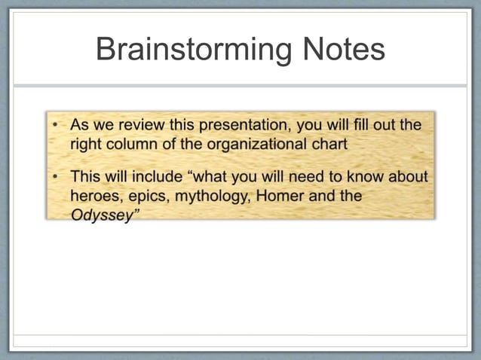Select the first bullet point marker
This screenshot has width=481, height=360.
56,124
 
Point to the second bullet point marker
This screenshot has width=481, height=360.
56,176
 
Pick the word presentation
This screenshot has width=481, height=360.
242,125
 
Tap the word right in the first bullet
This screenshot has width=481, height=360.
87,144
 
